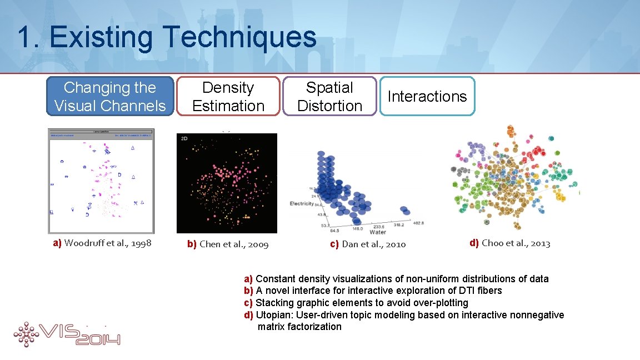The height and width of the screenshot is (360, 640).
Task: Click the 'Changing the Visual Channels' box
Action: pyautogui.click(x=110, y=96)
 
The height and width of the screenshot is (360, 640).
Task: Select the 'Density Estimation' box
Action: pyautogui.click(x=228, y=96)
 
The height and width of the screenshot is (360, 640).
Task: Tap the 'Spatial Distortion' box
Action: pyautogui.click(x=329, y=96)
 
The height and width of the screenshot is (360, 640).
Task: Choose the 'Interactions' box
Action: pyautogui.click(x=427, y=96)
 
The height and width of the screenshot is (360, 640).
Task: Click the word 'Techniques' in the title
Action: pyautogui.click(x=239, y=38)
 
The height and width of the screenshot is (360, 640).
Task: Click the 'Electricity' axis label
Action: pyautogui.click(x=302, y=204)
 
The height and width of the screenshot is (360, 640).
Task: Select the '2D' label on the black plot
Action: pyautogui.click(x=184, y=139)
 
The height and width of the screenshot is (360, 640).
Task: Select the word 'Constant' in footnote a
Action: pyautogui.click(x=276, y=279)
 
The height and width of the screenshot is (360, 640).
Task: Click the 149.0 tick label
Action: pyautogui.click(x=343, y=228)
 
